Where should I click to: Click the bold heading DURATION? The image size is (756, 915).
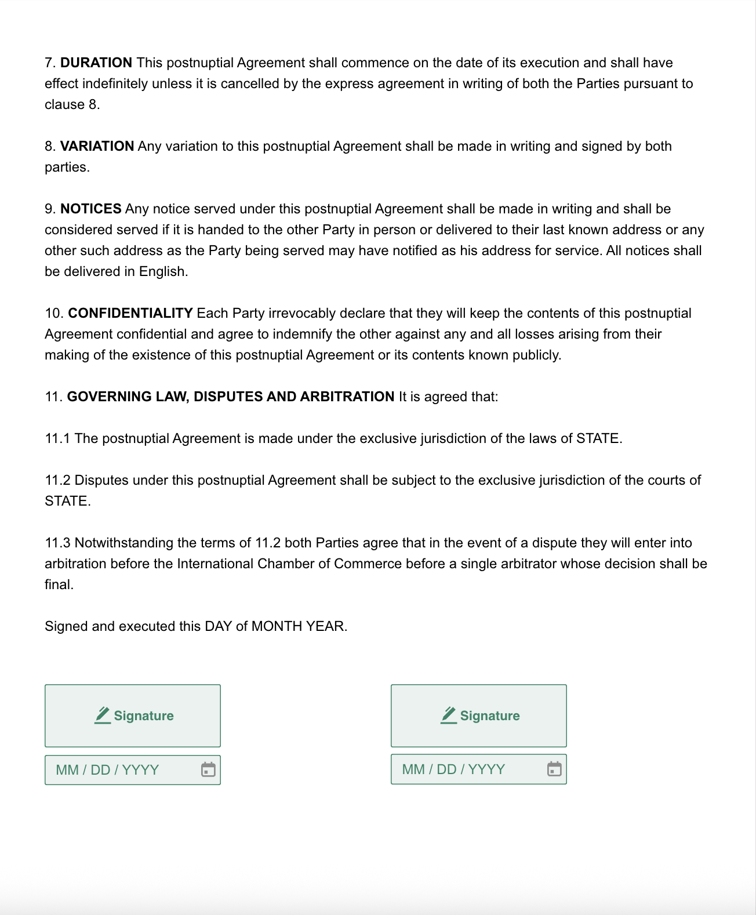pyautogui.click(x=96, y=63)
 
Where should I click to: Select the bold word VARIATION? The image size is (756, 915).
pyautogui.click(x=97, y=146)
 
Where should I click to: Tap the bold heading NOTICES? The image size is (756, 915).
pyautogui.click(x=90, y=209)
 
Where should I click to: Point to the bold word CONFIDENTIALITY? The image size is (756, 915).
pyautogui.click(x=130, y=313)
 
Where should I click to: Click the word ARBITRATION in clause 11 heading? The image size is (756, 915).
pyautogui.click(x=347, y=397)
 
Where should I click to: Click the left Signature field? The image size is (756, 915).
pyautogui.click(x=133, y=716)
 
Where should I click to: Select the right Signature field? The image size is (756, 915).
pyautogui.click(x=478, y=716)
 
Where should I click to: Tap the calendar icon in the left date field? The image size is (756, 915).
pyautogui.click(x=208, y=769)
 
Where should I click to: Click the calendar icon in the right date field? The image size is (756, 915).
pyautogui.click(x=554, y=769)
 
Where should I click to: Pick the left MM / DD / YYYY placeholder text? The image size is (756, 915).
pyautogui.click(x=107, y=770)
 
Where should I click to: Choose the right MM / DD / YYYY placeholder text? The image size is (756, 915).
pyautogui.click(x=453, y=769)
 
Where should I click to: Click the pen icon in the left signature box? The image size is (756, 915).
pyautogui.click(x=103, y=715)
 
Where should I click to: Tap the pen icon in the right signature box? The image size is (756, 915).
pyautogui.click(x=449, y=715)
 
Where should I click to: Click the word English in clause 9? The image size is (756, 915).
pyautogui.click(x=163, y=271)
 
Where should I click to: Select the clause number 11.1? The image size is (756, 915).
pyautogui.click(x=57, y=438)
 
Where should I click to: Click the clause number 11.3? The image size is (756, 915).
pyautogui.click(x=57, y=543)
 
